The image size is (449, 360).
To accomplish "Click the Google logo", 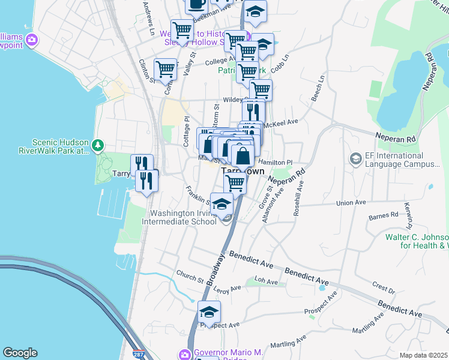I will tap(20, 353).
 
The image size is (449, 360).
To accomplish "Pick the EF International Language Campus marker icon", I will tap(355, 158).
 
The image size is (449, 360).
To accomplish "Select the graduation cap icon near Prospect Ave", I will tap(209, 312).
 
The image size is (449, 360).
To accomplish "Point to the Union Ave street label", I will tap(352, 202).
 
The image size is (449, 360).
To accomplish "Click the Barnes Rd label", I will tap(384, 214).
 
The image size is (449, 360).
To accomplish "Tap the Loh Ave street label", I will tap(267, 281).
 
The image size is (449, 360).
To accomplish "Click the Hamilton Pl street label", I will tap(276, 162).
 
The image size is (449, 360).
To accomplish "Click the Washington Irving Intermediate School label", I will tap(182, 217).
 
